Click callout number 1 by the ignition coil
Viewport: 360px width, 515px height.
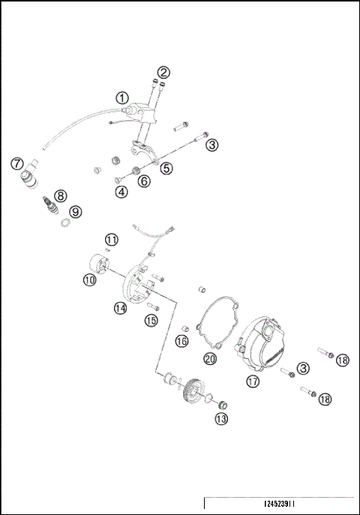122,97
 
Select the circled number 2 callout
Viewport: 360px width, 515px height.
163,73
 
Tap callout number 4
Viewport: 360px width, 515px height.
121,191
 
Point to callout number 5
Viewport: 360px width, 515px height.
166,169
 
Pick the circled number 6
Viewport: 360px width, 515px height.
144,181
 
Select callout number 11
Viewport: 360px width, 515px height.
111,240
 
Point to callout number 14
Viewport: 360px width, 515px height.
121,308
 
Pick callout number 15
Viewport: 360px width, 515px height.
151,321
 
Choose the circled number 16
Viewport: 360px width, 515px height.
181,342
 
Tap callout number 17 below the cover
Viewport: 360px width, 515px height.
252,381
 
